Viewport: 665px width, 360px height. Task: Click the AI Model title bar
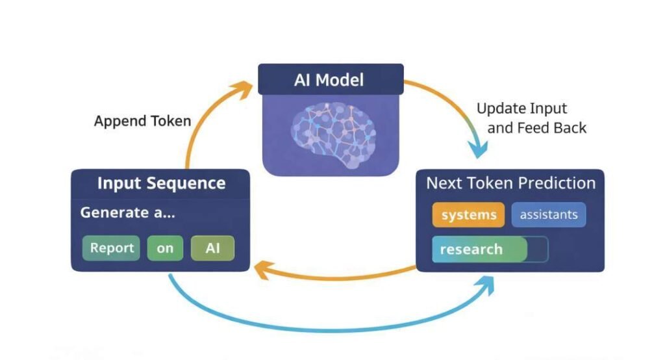coord(331,80)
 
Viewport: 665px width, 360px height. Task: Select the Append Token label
coord(142,121)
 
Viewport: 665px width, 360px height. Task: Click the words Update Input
coord(521,108)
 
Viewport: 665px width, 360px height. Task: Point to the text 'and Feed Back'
coord(536,128)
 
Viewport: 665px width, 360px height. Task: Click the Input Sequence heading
coord(161,183)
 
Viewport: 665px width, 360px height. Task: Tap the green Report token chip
coord(112,248)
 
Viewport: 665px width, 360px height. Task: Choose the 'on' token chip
coord(165,248)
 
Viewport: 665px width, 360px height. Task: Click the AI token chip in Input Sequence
coord(212,248)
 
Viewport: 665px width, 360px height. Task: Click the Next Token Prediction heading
coord(510,183)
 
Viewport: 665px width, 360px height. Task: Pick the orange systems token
coord(468,215)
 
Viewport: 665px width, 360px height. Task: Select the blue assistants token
coord(549,215)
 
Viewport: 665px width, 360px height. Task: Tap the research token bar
coord(480,250)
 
